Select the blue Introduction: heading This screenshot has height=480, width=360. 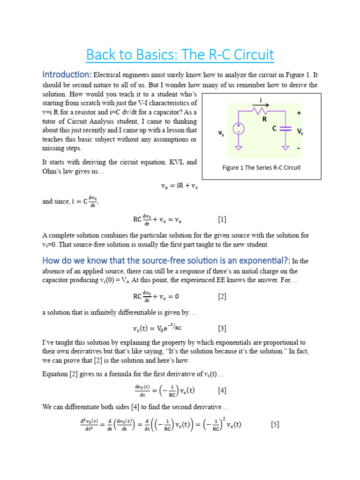(67, 75)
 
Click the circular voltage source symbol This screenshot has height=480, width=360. (239, 128)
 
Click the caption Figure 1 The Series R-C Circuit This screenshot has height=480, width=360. (262, 167)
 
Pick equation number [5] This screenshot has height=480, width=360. (275, 425)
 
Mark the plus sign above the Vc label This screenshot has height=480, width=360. (299, 113)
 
